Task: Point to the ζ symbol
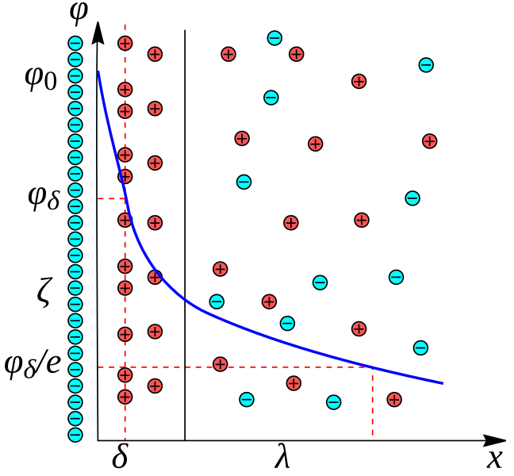(x=44, y=293)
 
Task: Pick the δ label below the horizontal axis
(x=120, y=458)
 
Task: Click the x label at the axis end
(x=495, y=458)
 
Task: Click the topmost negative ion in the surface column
(x=75, y=44)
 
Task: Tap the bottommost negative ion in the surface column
(x=75, y=434)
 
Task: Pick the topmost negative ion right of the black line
(x=274, y=37)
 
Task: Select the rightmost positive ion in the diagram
(x=430, y=141)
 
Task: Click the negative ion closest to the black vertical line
(x=216, y=301)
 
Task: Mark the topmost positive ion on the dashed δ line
(x=125, y=44)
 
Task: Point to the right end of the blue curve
(x=441, y=383)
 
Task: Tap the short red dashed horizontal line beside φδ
(x=111, y=198)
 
